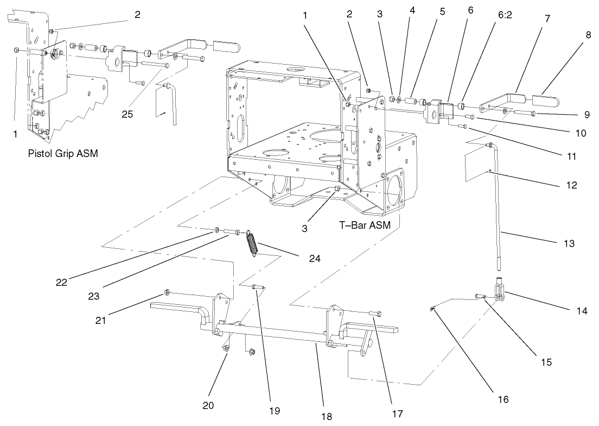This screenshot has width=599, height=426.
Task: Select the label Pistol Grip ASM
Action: tap(62, 154)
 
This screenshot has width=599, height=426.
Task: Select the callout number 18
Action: tap(326, 416)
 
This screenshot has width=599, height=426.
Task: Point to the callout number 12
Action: tap(570, 185)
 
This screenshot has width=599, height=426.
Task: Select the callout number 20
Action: tap(208, 405)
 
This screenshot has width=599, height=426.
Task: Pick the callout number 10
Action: tap(566, 133)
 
